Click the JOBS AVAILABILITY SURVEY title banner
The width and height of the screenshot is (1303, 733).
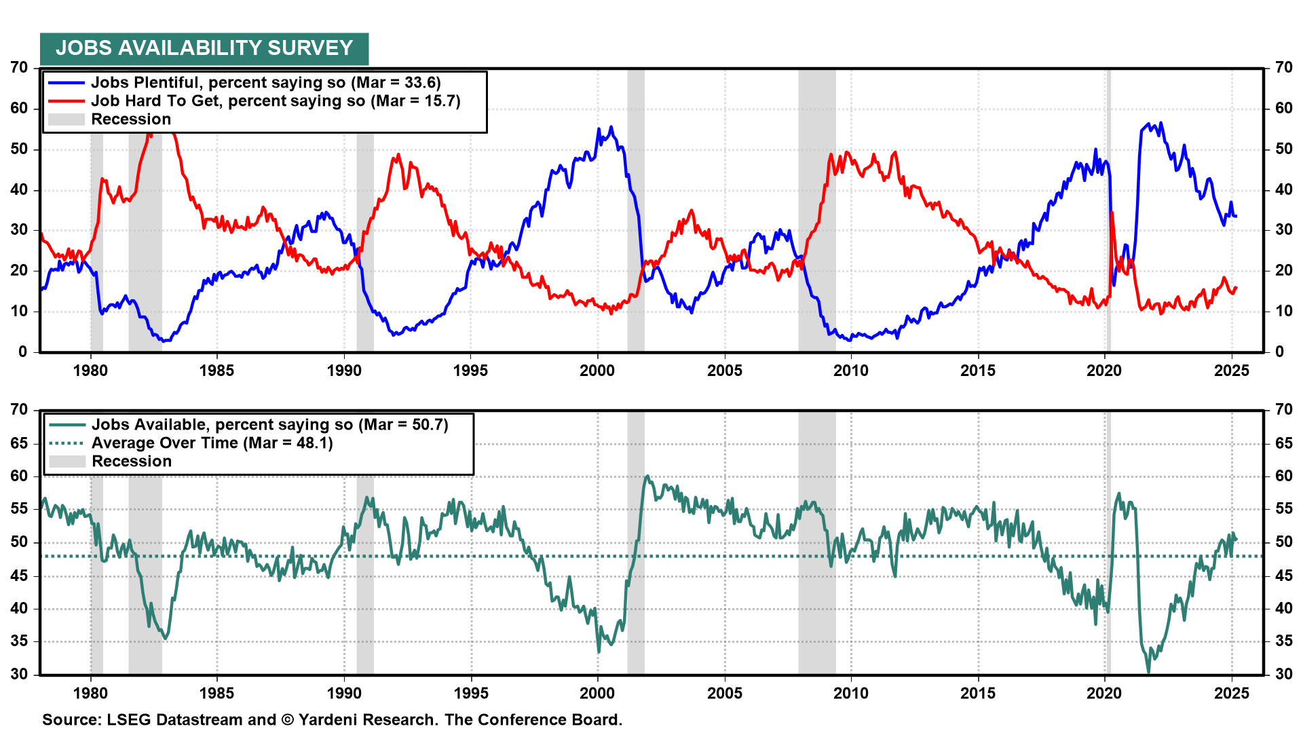tap(204, 48)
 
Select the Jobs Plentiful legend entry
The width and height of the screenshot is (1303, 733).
tap(265, 83)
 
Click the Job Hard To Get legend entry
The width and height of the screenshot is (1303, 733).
tap(275, 101)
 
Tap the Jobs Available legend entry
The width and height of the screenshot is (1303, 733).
tap(269, 425)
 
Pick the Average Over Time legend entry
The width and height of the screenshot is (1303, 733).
tap(212, 443)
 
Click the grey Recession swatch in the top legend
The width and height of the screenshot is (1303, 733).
tap(67, 119)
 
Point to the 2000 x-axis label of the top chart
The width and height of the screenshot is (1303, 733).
tap(597, 371)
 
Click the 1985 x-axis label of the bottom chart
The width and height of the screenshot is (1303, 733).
tap(216, 693)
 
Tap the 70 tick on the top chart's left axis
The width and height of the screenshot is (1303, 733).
tap(19, 68)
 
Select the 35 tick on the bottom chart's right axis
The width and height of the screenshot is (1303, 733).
tap(1284, 641)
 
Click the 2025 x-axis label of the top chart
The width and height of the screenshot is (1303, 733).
tap(1231, 371)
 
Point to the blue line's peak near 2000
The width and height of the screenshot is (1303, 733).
tap(611, 127)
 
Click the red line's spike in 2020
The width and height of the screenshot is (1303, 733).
tap(1112, 213)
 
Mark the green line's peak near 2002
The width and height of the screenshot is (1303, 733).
tap(647, 476)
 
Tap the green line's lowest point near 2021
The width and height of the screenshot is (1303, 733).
tap(1148, 672)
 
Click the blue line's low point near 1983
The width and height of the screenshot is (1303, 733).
tap(163, 341)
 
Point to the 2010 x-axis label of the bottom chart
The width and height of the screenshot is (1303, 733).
tap(851, 693)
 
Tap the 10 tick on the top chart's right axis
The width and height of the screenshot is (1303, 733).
tap(1284, 312)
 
